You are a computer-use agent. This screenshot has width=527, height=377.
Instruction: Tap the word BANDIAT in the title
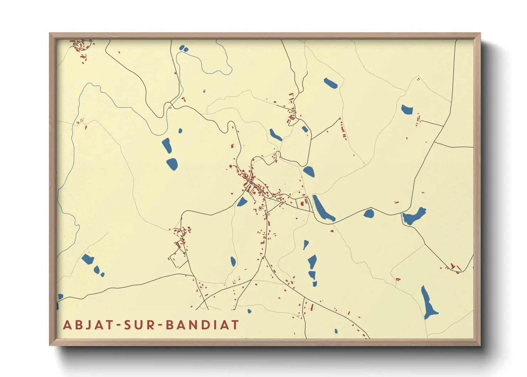pyautogui.click(x=203, y=325)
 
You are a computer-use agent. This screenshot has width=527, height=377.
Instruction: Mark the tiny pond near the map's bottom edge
pyautogui.click(x=336, y=331)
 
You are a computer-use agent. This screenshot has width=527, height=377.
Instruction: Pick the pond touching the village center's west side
pyautogui.click(x=242, y=202)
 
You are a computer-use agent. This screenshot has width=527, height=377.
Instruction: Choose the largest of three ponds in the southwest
pyautogui.click(x=87, y=259)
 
